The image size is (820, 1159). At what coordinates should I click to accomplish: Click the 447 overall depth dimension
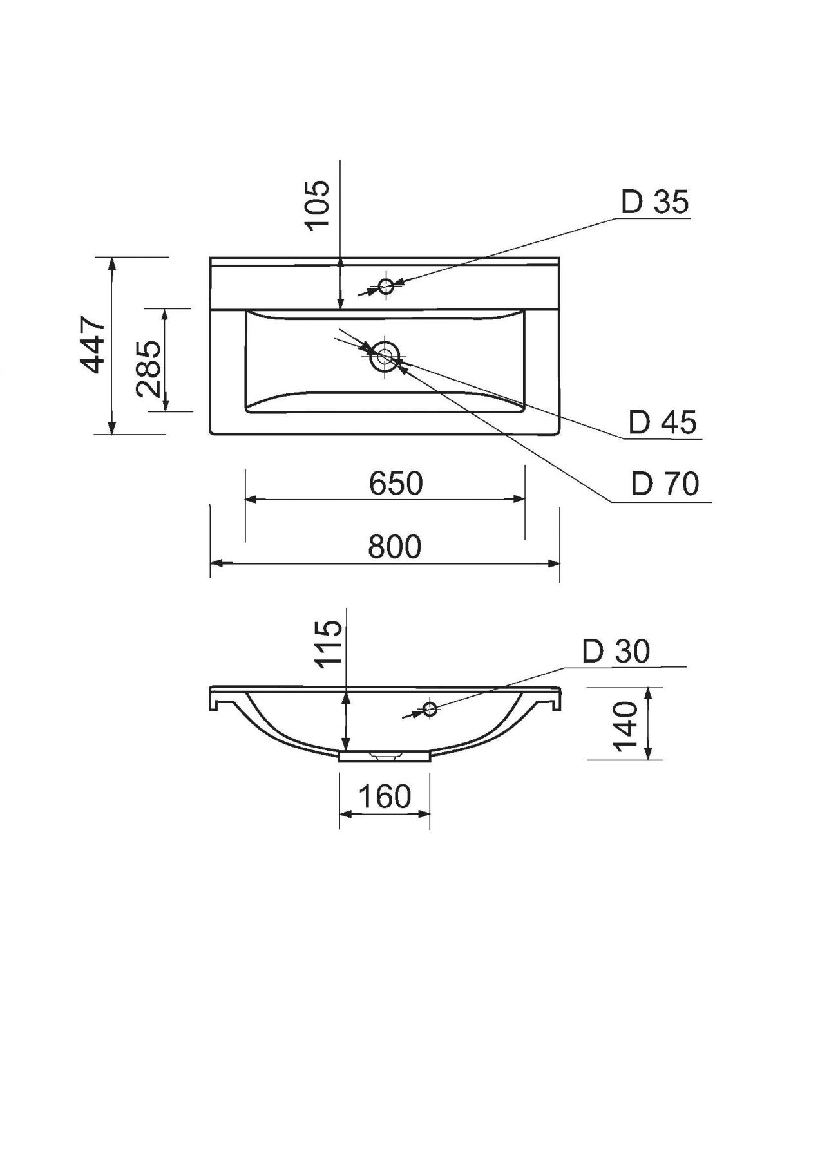(x=94, y=345)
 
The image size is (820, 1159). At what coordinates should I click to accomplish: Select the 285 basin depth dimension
(x=149, y=368)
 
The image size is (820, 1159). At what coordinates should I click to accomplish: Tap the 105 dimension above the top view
(x=317, y=203)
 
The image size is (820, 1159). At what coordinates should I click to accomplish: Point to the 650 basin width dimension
(x=396, y=483)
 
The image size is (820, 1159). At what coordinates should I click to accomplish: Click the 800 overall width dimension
(x=395, y=547)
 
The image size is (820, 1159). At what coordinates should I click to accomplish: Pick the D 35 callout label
(x=654, y=202)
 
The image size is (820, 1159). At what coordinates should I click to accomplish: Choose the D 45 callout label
(x=663, y=422)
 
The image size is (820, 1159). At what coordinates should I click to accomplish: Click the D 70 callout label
(x=665, y=484)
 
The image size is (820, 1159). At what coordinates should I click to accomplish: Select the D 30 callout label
(x=616, y=652)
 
